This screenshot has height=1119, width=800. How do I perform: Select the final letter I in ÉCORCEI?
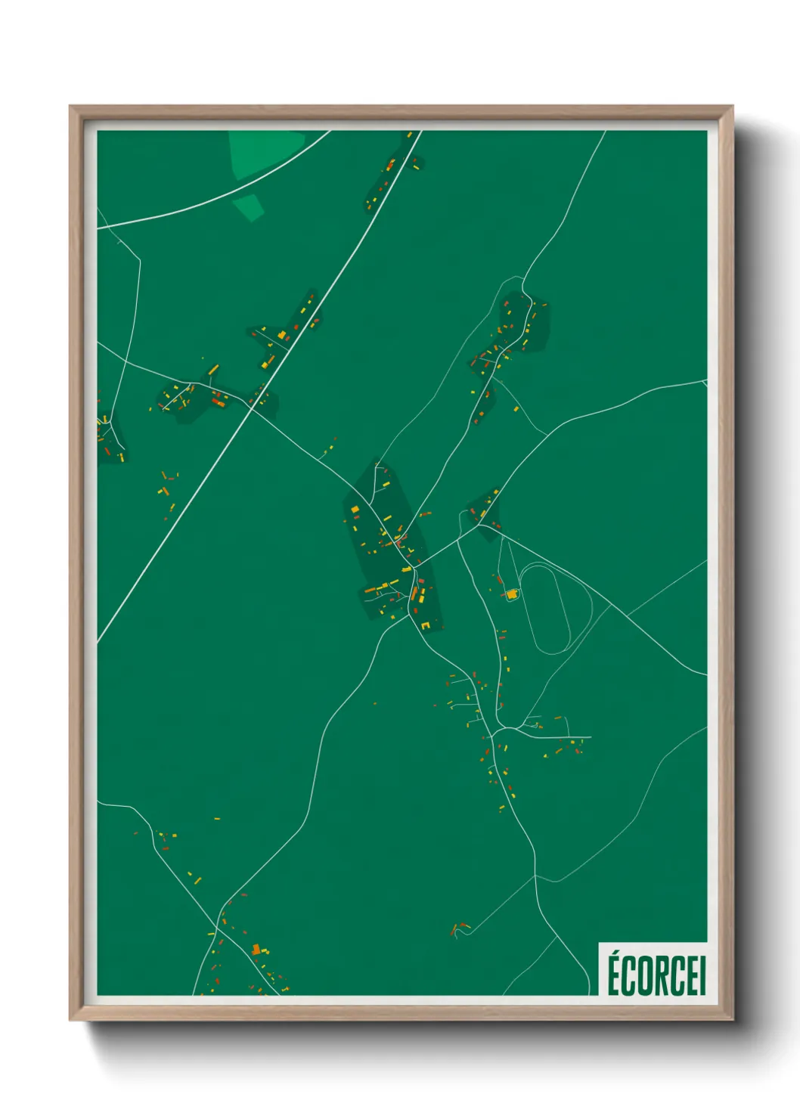coord(702,976)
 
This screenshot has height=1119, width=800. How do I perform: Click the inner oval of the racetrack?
coord(544,609)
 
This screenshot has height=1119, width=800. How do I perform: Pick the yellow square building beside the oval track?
coord(512,595)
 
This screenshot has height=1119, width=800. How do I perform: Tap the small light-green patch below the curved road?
coord(248,206)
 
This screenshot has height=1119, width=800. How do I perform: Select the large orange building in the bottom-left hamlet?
coord(256,949)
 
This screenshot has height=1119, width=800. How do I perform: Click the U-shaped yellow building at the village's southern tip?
coord(426,625)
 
